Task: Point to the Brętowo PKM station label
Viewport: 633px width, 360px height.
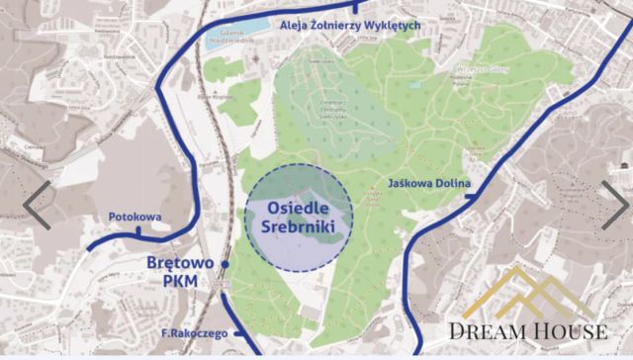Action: click(182, 272)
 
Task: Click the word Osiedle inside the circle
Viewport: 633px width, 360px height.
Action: click(298, 209)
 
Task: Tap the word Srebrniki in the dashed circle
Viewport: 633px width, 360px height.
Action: click(298, 227)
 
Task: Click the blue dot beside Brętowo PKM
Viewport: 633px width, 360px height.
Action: click(226, 265)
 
